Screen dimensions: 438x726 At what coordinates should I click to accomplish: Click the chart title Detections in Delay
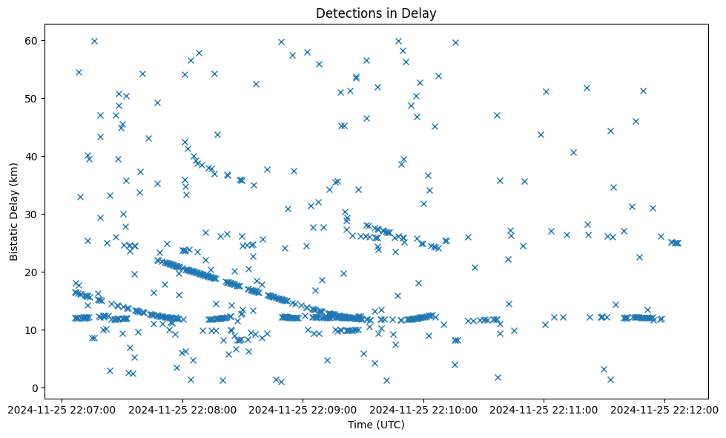[376, 13]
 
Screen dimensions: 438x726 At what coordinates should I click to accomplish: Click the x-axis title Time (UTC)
[376, 425]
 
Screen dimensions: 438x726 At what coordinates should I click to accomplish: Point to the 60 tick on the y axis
[32, 40]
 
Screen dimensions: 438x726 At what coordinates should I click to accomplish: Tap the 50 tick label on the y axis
[32, 98]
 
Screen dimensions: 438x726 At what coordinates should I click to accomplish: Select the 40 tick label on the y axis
[32, 156]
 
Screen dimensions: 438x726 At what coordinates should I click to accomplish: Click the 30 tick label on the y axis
[32, 214]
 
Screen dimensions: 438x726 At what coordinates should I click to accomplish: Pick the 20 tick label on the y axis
[32, 272]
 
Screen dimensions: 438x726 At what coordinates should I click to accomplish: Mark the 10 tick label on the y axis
[32, 330]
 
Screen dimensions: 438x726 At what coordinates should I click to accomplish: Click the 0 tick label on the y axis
[35, 388]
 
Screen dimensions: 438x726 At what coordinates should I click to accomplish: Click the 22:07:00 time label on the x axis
[62, 408]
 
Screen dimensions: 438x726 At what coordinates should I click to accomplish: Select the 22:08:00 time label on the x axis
[182, 408]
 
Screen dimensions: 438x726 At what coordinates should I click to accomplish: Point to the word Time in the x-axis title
[360, 425]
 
